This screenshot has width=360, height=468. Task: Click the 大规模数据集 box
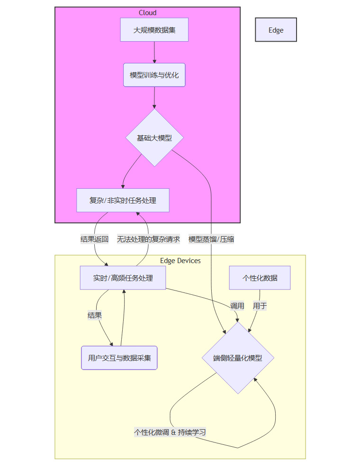point(154,30)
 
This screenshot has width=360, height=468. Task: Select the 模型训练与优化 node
point(154,75)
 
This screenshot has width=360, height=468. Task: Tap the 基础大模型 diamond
point(154,138)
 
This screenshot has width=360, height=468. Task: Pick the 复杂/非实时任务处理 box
point(123,200)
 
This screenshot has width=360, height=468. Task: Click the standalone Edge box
point(276,30)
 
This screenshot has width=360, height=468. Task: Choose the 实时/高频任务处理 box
point(123,278)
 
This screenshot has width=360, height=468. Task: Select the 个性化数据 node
point(260,278)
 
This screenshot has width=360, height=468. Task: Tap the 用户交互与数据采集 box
point(119,358)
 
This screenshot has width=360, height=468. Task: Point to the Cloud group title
point(147,13)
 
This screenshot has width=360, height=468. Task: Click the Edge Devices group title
point(180,261)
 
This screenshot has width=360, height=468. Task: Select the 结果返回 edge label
point(95,239)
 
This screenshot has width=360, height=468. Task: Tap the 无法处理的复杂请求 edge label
point(148,239)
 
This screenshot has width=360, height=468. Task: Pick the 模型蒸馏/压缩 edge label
point(211,239)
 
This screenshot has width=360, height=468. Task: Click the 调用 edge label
point(237,306)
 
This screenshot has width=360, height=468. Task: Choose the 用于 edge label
point(260,306)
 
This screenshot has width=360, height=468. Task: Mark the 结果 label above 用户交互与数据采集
point(95,315)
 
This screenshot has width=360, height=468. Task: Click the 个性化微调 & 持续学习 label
point(170,432)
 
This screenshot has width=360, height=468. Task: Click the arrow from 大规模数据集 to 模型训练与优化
point(154,52)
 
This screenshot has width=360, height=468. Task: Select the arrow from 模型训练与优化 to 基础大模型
point(154,98)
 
